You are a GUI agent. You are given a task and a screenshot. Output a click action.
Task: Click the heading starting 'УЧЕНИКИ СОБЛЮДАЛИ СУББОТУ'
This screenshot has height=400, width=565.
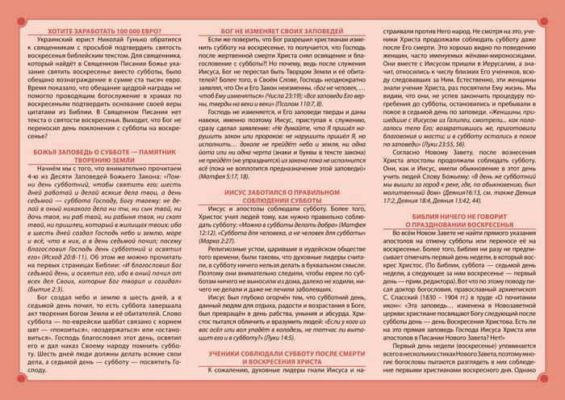click(x=282, y=358)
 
